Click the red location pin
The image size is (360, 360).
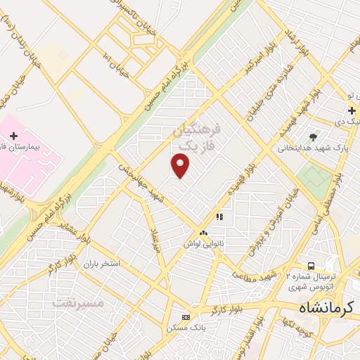click(181, 165)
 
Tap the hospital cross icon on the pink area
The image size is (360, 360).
click(13, 135)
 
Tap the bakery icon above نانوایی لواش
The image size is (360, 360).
click(203, 232)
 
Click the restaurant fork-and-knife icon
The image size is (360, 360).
click(219, 217)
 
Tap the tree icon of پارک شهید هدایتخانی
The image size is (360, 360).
click(313, 136)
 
